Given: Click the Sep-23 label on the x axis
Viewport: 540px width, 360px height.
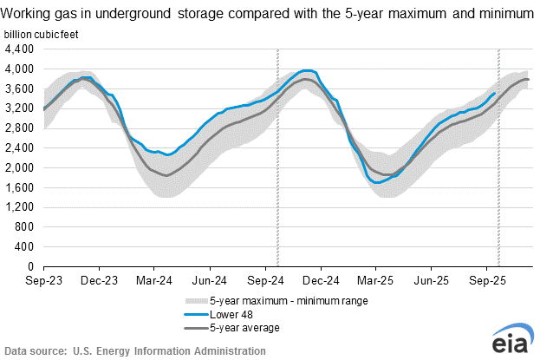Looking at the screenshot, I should point(43,281).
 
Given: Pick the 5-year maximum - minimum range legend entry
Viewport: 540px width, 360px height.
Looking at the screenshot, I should point(278,300).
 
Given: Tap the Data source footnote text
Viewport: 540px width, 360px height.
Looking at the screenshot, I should point(134,351).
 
